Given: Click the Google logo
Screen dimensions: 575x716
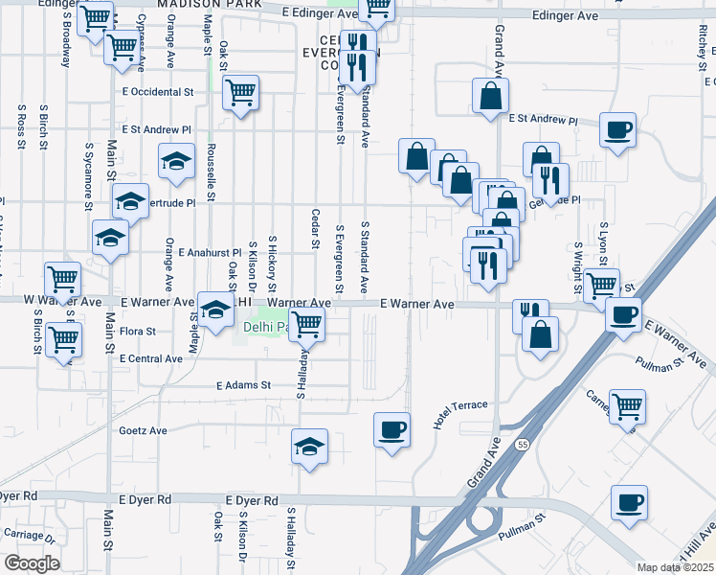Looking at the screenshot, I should pyautogui.click(x=32, y=563).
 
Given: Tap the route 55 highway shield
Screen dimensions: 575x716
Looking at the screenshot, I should pyautogui.click(x=520, y=445).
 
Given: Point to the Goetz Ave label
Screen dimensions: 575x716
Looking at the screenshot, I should pyautogui.click(x=143, y=431).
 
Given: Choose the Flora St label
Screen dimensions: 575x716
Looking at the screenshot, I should pyautogui.click(x=138, y=332).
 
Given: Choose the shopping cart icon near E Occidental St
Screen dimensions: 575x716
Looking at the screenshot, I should pyautogui.click(x=239, y=92).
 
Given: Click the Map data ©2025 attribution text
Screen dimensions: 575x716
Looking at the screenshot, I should pyautogui.click(x=675, y=567).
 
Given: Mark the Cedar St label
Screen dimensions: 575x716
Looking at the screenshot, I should pyautogui.click(x=314, y=228).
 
